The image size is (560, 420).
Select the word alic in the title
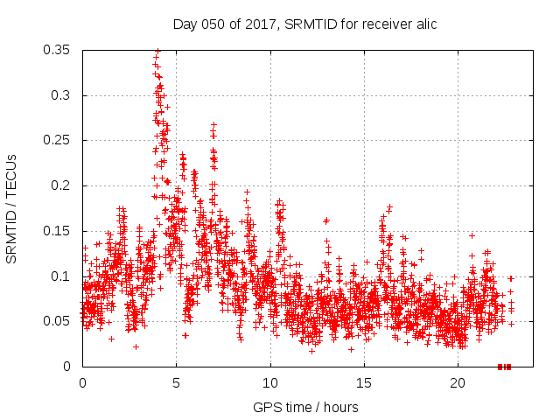pos(425,24)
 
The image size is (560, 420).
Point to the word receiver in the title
pos(382,24)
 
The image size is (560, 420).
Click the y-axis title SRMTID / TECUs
pos(11,208)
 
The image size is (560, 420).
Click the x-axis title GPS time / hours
pos(305,408)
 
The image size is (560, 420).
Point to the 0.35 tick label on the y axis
pos(59,50)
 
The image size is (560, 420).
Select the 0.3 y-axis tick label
pos(63,95)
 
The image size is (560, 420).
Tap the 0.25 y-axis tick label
pos(59,140)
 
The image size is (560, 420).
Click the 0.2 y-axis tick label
pos(63,185)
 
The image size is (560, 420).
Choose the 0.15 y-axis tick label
pos(59,231)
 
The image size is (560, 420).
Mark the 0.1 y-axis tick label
pos(63,276)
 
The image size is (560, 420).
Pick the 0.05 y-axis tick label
pos(59,321)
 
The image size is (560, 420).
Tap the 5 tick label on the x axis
pos(176,383)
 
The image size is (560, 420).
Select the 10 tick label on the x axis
pos(270,383)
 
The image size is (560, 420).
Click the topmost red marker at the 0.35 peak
pos(157,51)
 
